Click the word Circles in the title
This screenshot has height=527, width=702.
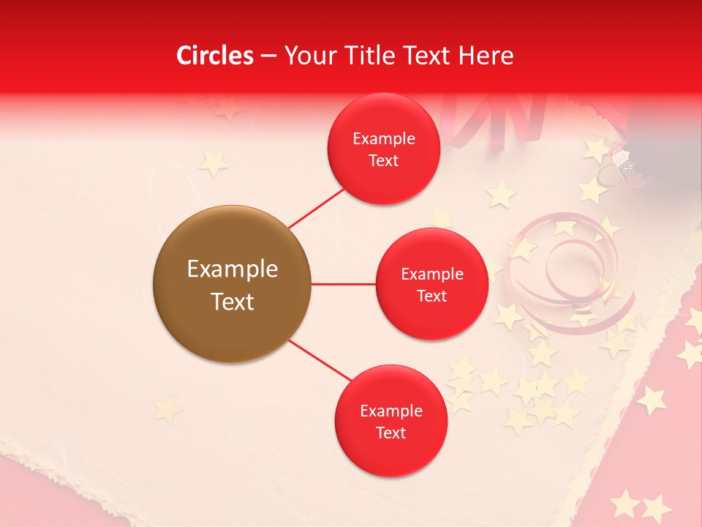point(215,56)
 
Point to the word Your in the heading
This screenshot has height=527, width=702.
point(308,56)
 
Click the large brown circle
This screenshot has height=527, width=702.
point(232,284)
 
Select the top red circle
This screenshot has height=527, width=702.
point(383,149)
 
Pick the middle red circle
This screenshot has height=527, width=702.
point(431,284)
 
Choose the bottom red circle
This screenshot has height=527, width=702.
point(390,421)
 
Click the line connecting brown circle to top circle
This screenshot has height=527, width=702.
point(316,209)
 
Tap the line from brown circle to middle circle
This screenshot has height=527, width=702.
point(343,284)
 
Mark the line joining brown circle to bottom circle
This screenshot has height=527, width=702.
point(319,360)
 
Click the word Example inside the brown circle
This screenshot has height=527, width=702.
point(233,269)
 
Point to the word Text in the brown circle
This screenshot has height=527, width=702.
point(233,302)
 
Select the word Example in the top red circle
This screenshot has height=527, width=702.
point(384,138)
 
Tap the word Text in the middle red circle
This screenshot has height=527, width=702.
point(431,296)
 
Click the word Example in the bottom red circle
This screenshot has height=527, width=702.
point(391,411)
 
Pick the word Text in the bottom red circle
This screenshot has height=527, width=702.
point(391,433)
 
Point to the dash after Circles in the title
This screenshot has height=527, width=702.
point(268,56)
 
